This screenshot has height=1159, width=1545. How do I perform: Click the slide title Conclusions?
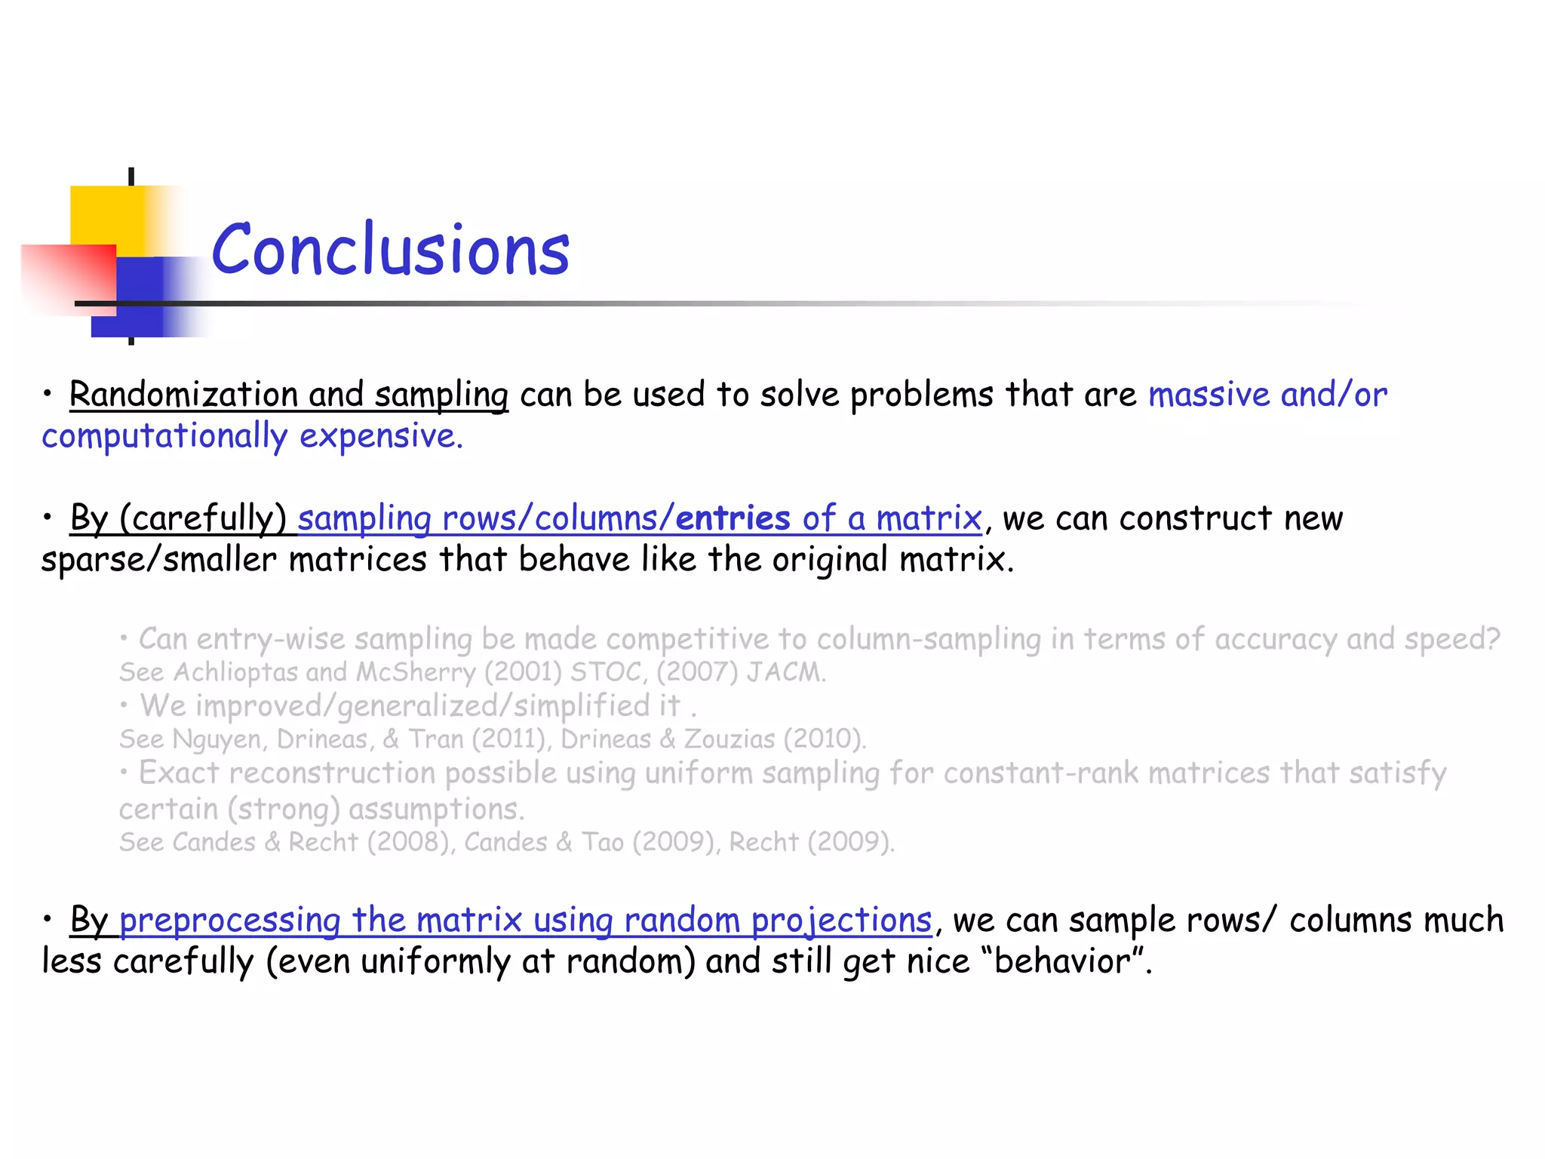click(x=390, y=249)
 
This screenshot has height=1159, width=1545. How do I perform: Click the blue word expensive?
click(x=381, y=436)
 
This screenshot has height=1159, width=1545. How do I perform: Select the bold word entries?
click(x=733, y=518)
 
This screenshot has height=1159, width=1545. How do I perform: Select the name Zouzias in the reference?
click(x=729, y=739)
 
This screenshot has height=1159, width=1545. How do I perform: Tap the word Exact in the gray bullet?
click(x=179, y=773)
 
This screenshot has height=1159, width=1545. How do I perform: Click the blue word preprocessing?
click(x=230, y=920)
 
